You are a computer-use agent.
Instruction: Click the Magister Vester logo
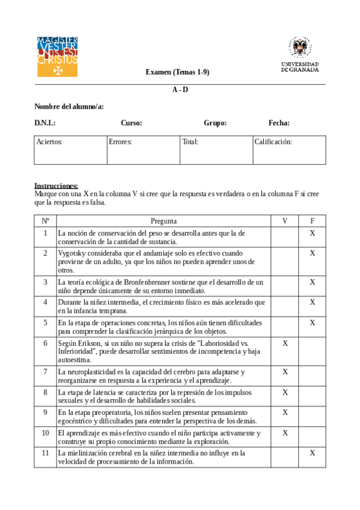pyautogui.click(x=57, y=56)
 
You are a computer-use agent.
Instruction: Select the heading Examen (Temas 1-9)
pyautogui.click(x=177, y=72)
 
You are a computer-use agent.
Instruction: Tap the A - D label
pyautogui.click(x=180, y=90)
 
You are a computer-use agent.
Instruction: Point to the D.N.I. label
pyautogui.click(x=45, y=123)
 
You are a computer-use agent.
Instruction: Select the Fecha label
pyautogui.click(x=279, y=123)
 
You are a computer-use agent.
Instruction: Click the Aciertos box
pyautogui.click(x=71, y=150)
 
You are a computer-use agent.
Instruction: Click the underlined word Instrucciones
pyautogui.click(x=56, y=186)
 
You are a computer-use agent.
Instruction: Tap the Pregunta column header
pyautogui.click(x=163, y=221)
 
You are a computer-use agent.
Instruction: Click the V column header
pyautogui.click(x=285, y=221)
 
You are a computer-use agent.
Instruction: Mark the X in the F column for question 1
pyautogui.click(x=313, y=233)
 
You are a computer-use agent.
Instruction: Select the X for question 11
pyautogui.click(x=313, y=452)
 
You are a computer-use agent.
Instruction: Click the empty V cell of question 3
pyautogui.click(x=285, y=286)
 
